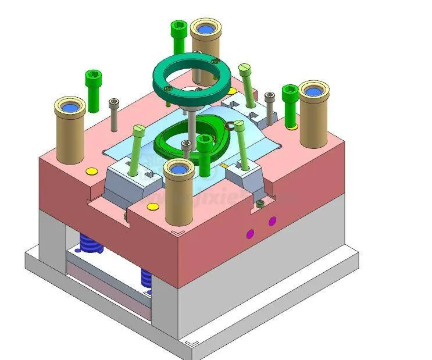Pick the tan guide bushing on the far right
[313, 116]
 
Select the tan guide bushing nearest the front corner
[178, 195]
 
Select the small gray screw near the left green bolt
[114, 114]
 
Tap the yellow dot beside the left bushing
[91, 171]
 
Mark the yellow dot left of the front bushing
[152, 206]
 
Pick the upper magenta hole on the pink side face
[272, 220]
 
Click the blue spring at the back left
[91, 244]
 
